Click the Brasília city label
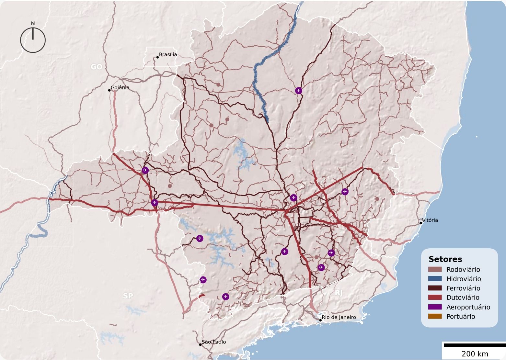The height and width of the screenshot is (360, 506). tap(168, 54)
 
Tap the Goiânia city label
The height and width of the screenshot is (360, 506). tap(120, 87)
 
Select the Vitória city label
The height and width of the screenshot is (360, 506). tap(430, 220)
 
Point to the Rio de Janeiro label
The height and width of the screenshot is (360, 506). tap(339, 317)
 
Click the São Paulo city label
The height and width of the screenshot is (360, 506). tap(213, 342)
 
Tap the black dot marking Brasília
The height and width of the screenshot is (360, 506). tap(157, 57)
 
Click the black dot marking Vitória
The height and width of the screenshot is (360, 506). tap(421, 223)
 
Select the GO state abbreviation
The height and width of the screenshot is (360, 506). tap(96, 67)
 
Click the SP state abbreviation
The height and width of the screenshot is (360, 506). tap(128, 296)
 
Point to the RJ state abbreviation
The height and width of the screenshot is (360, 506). tap(339, 293)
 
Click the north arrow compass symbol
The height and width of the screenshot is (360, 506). tap(33, 39)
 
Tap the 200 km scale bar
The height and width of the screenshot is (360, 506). tap(474, 345)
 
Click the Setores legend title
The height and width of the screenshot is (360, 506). tap(445, 259)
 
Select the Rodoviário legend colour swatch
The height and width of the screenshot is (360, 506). tap(435, 269)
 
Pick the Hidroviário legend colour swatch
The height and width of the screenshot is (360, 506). tap(435, 279)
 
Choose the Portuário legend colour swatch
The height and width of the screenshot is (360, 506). tap(435, 316)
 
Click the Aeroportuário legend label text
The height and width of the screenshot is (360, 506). tap(468, 307)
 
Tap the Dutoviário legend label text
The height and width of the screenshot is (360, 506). tap(463, 298)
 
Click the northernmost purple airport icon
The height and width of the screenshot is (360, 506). tap(299, 91)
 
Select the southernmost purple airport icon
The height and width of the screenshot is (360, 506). tap(225, 297)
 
